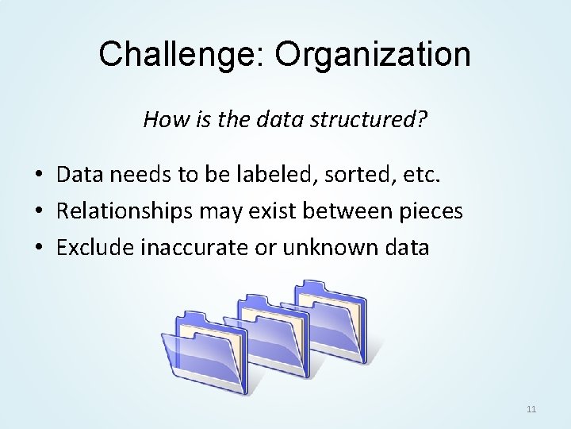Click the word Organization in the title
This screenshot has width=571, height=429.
tap(362, 54)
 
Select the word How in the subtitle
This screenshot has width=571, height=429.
tap(162, 120)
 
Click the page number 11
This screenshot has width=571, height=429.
tap(531, 409)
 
